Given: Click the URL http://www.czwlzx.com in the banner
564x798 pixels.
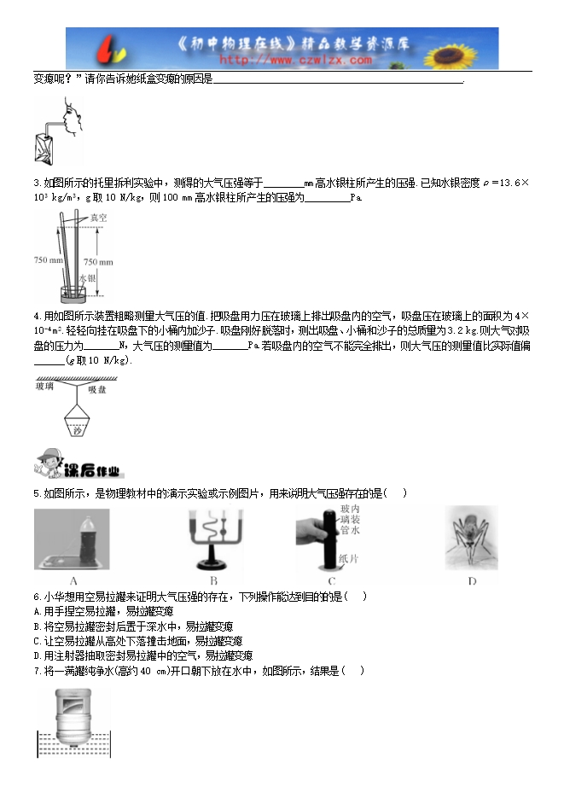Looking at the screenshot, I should tap(295, 61).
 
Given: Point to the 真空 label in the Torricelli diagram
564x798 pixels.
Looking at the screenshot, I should tap(99, 218).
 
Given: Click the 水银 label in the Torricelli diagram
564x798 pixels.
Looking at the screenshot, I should tap(85, 278).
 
